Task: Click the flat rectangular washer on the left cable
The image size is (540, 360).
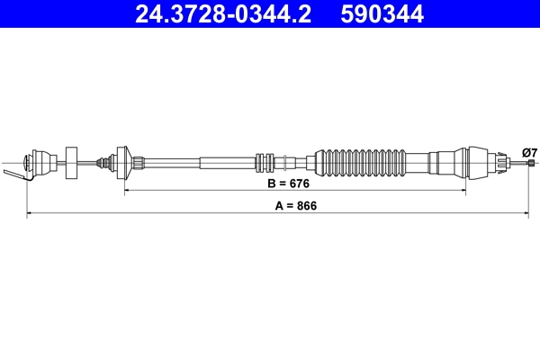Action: [x=72, y=162]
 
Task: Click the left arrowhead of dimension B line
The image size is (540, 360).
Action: [x=127, y=192]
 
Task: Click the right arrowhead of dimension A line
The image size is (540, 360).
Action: [x=526, y=213]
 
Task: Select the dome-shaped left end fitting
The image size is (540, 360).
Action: [x=40, y=162]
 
